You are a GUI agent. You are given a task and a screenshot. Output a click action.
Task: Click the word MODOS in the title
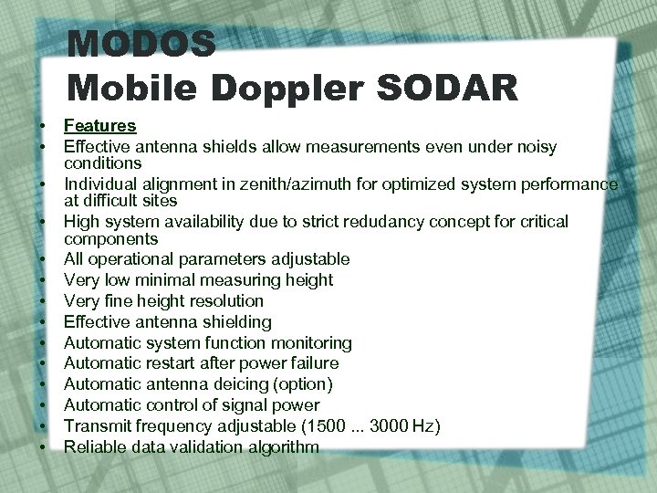pos(141,44)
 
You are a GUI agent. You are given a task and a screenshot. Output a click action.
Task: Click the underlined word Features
pos(99,126)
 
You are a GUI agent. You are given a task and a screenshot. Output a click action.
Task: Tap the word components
pos(110,239)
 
